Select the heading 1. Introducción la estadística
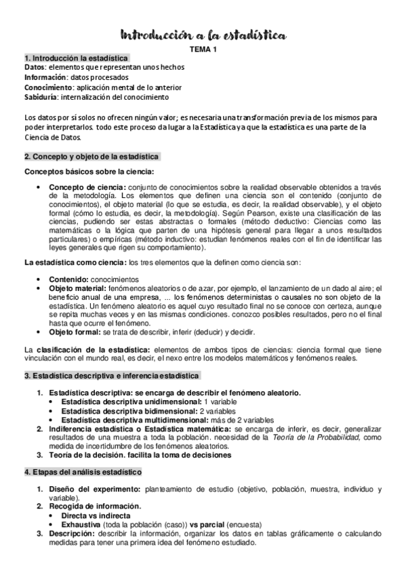pos(76,58)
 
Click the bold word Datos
pos(35,67)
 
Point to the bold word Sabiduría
pos(43,96)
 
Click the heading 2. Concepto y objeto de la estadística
pos(91,157)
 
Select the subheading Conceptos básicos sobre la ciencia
pos(89,172)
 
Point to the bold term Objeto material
pos(77,288)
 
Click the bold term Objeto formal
pos(75,332)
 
